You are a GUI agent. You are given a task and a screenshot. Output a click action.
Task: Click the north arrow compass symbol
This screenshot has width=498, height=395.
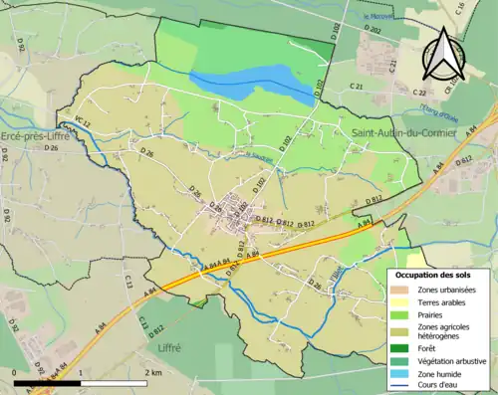coord(441,54)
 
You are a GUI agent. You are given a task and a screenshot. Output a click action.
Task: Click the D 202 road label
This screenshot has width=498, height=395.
coord(373,31)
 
